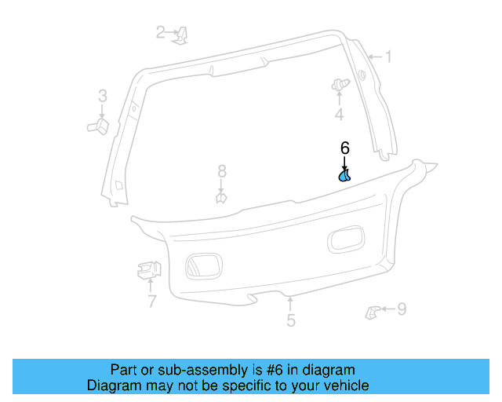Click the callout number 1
click(387, 57)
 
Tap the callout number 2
click(161, 32)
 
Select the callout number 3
click(102, 97)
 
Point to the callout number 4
click(339, 115)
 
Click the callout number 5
click(291, 320)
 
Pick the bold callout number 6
click(344, 148)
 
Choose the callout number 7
click(151, 301)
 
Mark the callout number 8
click(222, 171)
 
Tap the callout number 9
click(402, 309)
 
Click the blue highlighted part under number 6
click(344, 175)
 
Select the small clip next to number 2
click(180, 35)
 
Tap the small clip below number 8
click(222, 197)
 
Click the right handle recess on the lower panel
click(345, 239)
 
